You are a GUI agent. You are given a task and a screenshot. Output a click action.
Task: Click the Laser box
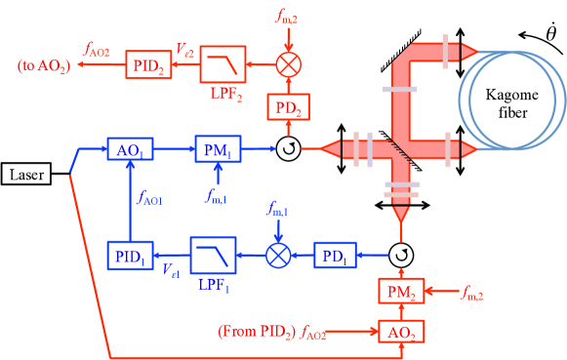pos(26,176)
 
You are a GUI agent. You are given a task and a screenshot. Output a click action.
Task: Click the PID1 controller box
pos(129,255)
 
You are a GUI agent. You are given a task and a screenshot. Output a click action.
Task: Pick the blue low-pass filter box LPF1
pos(214,255)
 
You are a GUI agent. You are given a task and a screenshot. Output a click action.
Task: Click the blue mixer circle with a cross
pos(279,255)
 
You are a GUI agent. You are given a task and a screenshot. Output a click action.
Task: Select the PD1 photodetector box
pos(336,256)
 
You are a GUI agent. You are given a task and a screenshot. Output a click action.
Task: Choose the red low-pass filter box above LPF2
pos(223,64)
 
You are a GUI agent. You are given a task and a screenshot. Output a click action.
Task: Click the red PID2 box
pos(146,65)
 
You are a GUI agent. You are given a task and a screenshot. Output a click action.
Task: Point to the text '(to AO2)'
pos(43,65)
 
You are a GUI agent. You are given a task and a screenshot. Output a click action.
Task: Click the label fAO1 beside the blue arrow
pos(151,200)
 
